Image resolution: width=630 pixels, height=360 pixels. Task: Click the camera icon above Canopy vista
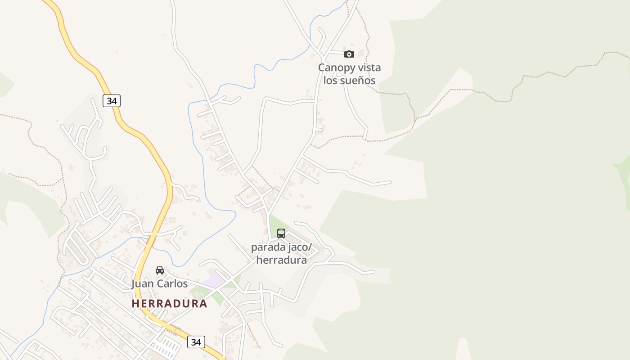pyautogui.click(x=349, y=54)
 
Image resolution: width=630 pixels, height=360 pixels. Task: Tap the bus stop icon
pyautogui.click(x=281, y=233)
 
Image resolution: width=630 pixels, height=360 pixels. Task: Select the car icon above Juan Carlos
pyautogui.click(x=160, y=270)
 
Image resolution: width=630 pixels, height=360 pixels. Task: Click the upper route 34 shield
pyautogui.click(x=112, y=101)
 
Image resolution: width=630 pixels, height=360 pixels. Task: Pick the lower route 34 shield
pyautogui.click(x=196, y=342)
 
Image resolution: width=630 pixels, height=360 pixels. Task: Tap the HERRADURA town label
pyautogui.click(x=170, y=304)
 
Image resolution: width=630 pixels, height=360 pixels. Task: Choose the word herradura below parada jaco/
pyautogui.click(x=281, y=260)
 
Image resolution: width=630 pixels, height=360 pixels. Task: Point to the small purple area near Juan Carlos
pyautogui.click(x=212, y=282)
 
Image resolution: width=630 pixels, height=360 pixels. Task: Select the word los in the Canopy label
pyautogui.click(x=331, y=81)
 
